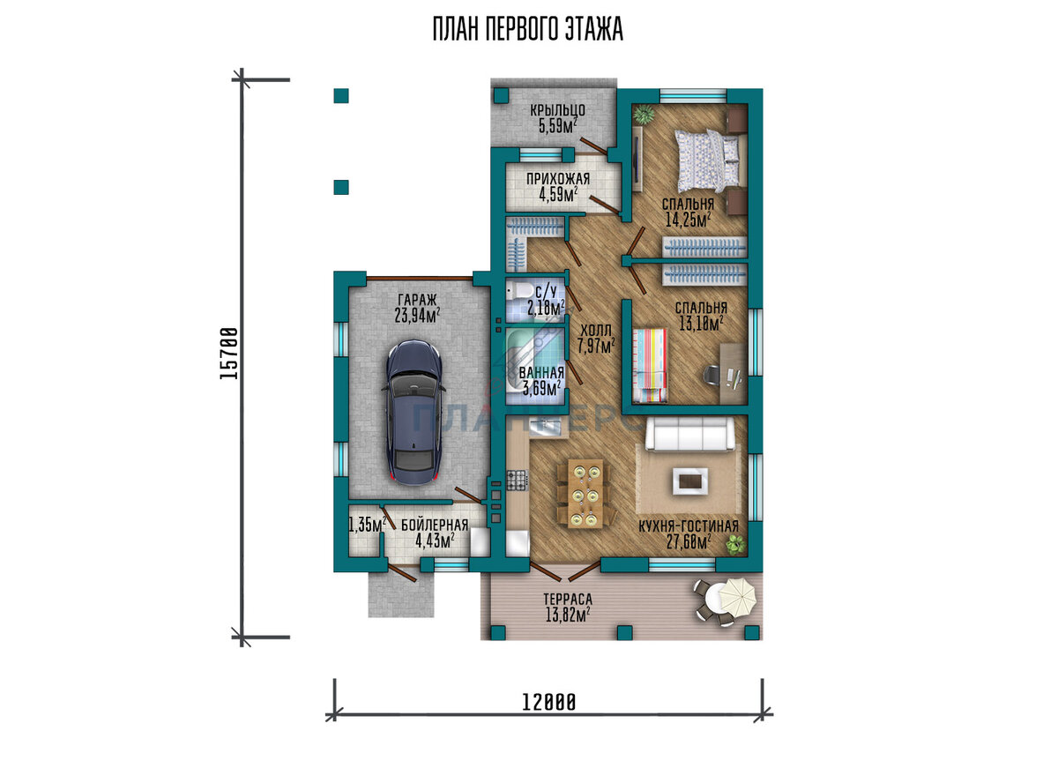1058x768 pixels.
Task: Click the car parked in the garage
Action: pyautogui.click(x=414, y=413)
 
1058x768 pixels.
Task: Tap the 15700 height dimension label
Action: pyautogui.click(x=229, y=354)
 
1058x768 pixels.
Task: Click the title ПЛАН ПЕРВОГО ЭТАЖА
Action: pyautogui.click(x=528, y=29)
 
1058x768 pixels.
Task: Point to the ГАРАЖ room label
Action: pyautogui.click(x=418, y=300)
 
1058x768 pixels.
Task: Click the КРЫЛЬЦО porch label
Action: pyautogui.click(x=557, y=110)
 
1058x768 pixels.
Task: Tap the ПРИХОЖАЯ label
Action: pyautogui.click(x=558, y=179)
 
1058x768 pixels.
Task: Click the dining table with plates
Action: pyautogui.click(x=585, y=493)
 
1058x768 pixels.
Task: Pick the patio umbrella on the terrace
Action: pyautogui.click(x=734, y=597)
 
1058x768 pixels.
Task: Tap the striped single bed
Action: pyautogui.click(x=650, y=366)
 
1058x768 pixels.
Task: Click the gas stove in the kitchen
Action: pyautogui.click(x=518, y=480)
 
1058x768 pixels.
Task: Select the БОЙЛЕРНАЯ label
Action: pyautogui.click(x=435, y=526)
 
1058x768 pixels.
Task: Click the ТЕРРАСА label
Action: pyautogui.click(x=568, y=600)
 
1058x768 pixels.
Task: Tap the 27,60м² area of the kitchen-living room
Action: pyautogui.click(x=689, y=542)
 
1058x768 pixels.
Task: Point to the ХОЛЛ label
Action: pyautogui.click(x=596, y=330)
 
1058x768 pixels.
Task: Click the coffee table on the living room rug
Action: pyautogui.click(x=690, y=481)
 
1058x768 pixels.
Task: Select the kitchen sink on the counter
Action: pyautogui.click(x=545, y=428)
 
